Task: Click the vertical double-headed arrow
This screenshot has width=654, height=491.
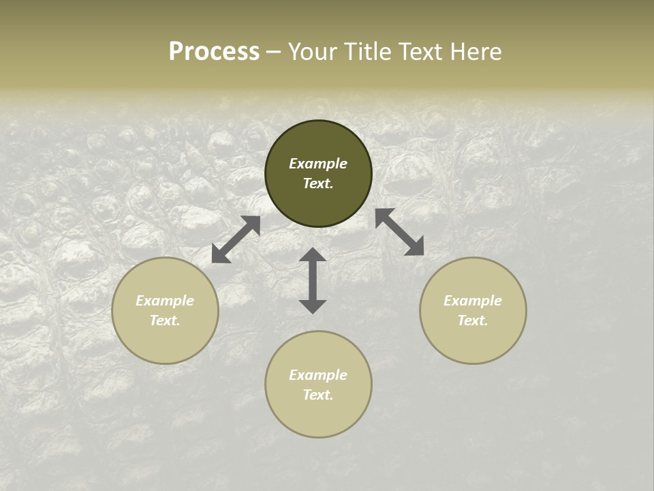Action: click(313, 280)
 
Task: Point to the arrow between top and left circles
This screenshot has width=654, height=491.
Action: click(236, 239)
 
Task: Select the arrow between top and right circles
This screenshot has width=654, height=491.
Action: click(400, 232)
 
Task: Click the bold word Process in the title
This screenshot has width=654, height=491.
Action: click(214, 52)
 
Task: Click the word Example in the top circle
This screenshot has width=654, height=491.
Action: click(318, 164)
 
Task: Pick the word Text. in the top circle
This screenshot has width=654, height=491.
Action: click(318, 183)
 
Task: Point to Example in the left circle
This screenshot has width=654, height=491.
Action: click(165, 301)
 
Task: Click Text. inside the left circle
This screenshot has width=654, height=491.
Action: click(165, 321)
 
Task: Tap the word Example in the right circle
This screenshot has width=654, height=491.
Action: click(473, 301)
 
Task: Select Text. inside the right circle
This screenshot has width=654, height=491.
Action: click(473, 321)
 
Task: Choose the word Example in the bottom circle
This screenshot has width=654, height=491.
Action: click(318, 375)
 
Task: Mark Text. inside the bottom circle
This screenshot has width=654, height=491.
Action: click(318, 395)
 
